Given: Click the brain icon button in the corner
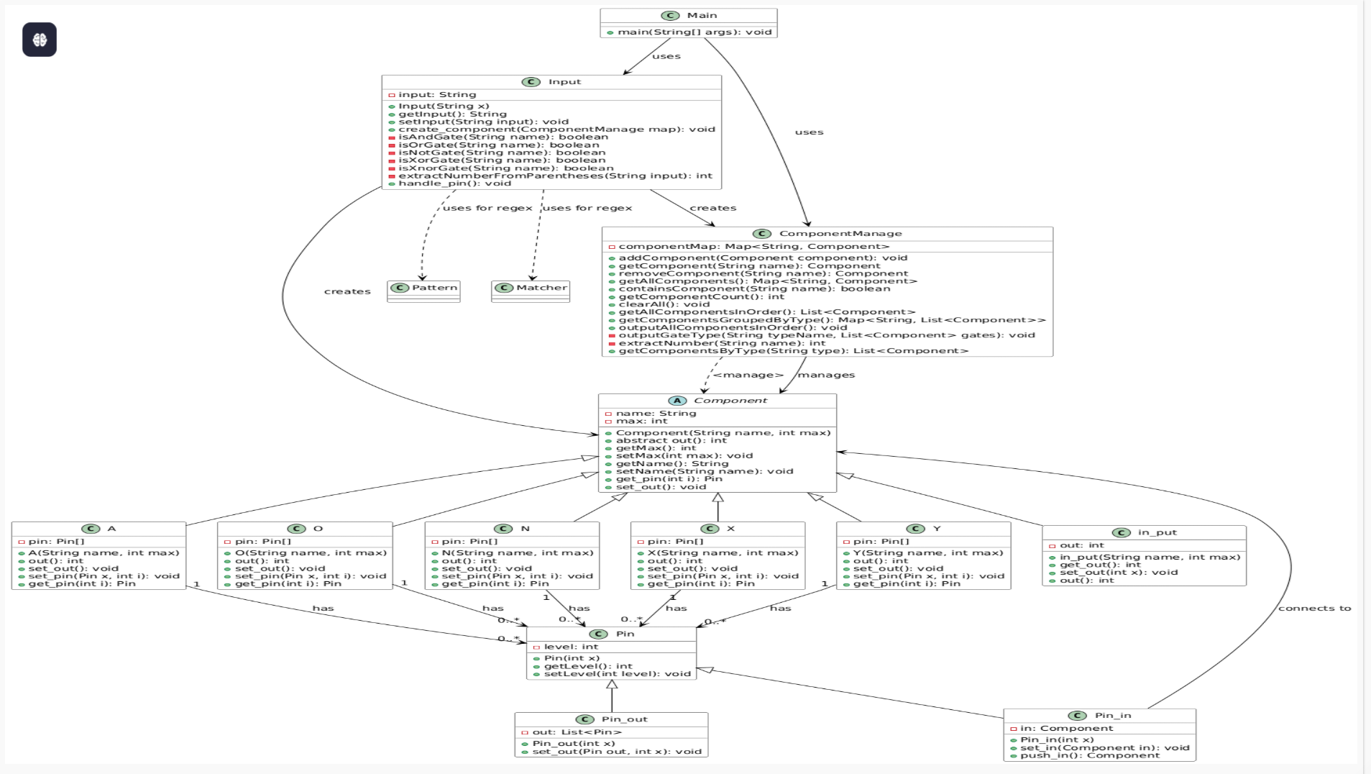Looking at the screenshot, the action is tap(40, 40).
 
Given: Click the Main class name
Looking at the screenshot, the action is tap(702, 15).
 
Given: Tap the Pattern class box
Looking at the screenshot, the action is tap(423, 291).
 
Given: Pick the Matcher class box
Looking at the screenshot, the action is tap(531, 291).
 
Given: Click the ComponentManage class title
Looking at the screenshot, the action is tap(840, 233).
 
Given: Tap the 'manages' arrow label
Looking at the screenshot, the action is tap(826, 375).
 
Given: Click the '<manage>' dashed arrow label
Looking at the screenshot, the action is tap(748, 375).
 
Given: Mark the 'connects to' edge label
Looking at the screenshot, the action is tap(1314, 608).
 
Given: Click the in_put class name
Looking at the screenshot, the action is tap(1157, 532).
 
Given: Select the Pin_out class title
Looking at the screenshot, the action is tap(624, 719).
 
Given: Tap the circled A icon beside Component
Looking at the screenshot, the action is tap(677, 401).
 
